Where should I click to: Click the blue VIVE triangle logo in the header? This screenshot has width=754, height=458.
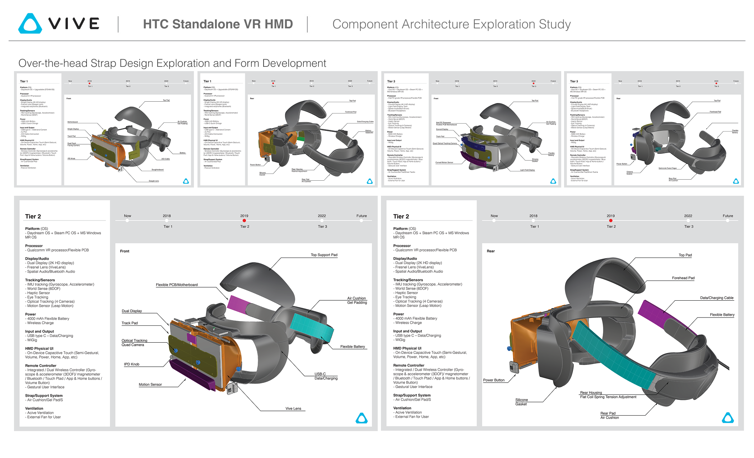30,24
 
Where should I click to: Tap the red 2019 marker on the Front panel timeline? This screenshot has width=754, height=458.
244,221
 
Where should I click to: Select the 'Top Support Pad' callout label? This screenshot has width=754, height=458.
324,255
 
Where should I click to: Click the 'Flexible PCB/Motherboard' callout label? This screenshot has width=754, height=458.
177,285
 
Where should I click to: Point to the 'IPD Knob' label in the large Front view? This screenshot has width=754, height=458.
131,364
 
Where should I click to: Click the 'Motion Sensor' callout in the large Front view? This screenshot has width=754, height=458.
150,385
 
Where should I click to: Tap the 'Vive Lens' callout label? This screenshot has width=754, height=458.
293,409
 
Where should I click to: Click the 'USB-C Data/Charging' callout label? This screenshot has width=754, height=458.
326,376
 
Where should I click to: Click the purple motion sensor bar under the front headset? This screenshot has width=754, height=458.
192,376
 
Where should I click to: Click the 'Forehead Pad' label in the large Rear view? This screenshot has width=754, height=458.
683,278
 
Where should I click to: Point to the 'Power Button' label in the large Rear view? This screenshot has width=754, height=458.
494,380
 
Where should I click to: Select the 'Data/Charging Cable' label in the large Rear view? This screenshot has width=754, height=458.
716,298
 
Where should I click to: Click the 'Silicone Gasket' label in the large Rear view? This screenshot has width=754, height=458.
521,402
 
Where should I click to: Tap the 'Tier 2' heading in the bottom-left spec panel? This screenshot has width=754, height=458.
33,217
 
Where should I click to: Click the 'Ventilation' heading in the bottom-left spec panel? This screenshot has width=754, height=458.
34,408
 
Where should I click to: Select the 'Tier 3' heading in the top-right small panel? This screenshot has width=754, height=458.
574,81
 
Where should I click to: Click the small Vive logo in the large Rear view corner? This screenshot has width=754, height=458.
728,418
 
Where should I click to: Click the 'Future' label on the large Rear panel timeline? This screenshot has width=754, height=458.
727,216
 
